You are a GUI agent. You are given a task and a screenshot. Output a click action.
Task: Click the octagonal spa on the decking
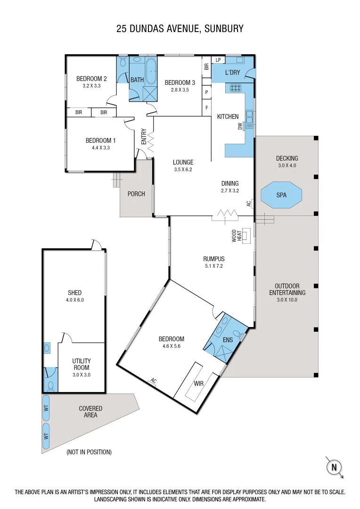(281, 195)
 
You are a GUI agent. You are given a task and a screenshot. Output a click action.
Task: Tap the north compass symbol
(335, 467)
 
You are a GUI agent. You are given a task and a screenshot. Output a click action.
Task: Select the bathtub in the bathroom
(151, 71)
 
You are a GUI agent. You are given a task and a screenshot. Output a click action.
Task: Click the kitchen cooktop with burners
(235, 87)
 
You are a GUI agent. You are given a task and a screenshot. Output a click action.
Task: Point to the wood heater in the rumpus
(246, 235)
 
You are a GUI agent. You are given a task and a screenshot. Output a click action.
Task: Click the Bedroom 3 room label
(180, 82)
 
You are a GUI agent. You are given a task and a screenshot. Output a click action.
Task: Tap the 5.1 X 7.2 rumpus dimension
(213, 266)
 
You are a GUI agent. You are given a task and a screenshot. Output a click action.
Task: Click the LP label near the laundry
(218, 60)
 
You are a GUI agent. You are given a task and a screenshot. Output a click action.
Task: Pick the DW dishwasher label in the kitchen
(240, 126)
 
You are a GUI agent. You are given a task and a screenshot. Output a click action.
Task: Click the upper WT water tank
(46, 408)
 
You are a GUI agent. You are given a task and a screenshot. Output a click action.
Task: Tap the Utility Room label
(82, 364)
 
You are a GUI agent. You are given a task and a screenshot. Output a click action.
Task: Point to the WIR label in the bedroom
(199, 383)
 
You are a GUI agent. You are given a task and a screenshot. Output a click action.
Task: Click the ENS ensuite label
(228, 340)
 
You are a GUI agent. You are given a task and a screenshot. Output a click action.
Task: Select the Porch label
(136, 194)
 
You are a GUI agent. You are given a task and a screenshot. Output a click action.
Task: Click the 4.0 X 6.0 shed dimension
(74, 300)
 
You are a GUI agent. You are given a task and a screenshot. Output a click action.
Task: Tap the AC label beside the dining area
(249, 204)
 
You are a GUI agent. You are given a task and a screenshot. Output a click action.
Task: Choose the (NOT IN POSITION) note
(89, 452)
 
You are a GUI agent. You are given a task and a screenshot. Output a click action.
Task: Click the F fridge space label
(206, 107)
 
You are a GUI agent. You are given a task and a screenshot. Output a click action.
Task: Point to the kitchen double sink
(249, 118)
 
